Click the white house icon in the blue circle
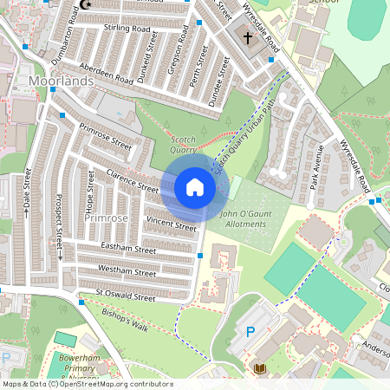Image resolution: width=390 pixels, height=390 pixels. click(194, 186)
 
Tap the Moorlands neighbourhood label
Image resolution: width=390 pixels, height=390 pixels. click(60, 81)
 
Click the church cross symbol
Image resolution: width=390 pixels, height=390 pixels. click(248, 38)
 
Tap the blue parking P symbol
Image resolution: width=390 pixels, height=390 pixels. click(251, 330)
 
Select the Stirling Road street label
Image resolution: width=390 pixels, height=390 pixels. click(127, 29)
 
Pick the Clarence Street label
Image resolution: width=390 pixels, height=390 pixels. click(133, 181)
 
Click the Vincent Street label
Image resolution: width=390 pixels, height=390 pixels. click(172, 224)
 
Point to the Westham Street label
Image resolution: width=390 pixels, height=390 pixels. click(127, 270)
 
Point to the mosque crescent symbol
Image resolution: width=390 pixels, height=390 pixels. click(85, 4)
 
